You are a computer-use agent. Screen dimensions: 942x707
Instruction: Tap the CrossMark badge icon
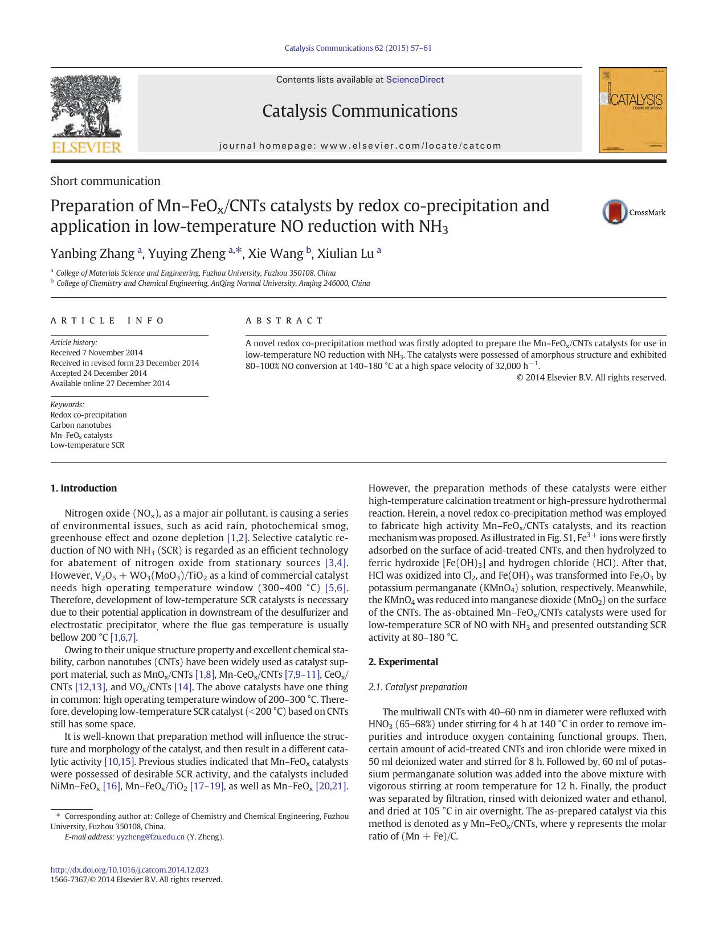[x=615, y=212]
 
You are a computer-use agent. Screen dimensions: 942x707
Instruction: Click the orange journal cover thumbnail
[x=632, y=110]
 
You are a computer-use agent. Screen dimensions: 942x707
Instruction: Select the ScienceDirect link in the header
[x=415, y=80]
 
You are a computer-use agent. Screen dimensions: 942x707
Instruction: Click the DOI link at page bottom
[x=129, y=870]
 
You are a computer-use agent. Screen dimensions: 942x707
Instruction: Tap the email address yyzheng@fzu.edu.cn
[x=150, y=837]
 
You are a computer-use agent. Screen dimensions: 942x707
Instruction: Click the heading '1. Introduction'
[x=83, y=488]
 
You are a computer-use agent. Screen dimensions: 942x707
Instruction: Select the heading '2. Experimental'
[x=403, y=662]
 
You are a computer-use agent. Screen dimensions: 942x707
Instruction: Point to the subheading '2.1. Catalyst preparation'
[x=418, y=687]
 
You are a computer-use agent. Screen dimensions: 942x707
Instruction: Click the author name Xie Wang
[x=275, y=253]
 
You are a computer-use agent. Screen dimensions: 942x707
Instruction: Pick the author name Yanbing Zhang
[x=92, y=253]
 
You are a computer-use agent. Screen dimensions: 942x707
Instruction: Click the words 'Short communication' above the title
[x=105, y=181]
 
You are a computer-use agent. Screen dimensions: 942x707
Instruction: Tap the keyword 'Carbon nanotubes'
[x=81, y=425]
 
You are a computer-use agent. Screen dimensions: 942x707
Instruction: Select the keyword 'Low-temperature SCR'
[x=87, y=445]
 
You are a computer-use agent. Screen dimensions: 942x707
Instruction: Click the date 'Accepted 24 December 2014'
[x=99, y=373]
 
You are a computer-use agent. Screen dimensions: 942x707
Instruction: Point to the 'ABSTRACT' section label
[x=284, y=321]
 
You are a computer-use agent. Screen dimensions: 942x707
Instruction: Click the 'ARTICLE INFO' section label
[x=107, y=321]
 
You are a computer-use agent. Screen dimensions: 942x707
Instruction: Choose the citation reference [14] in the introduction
[x=183, y=687]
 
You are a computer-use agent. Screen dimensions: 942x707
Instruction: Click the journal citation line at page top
[x=358, y=48]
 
